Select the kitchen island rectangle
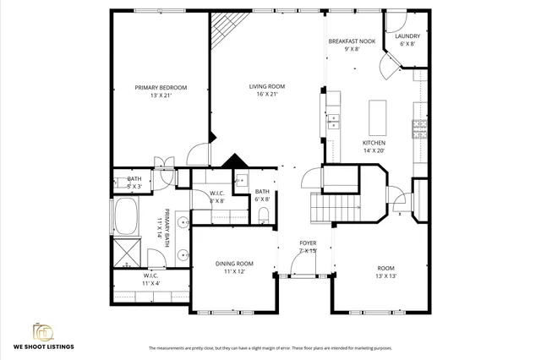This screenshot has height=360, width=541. (x=376, y=114)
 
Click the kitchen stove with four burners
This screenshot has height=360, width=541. (x=418, y=128)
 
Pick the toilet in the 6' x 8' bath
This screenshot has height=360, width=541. (x=264, y=213)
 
